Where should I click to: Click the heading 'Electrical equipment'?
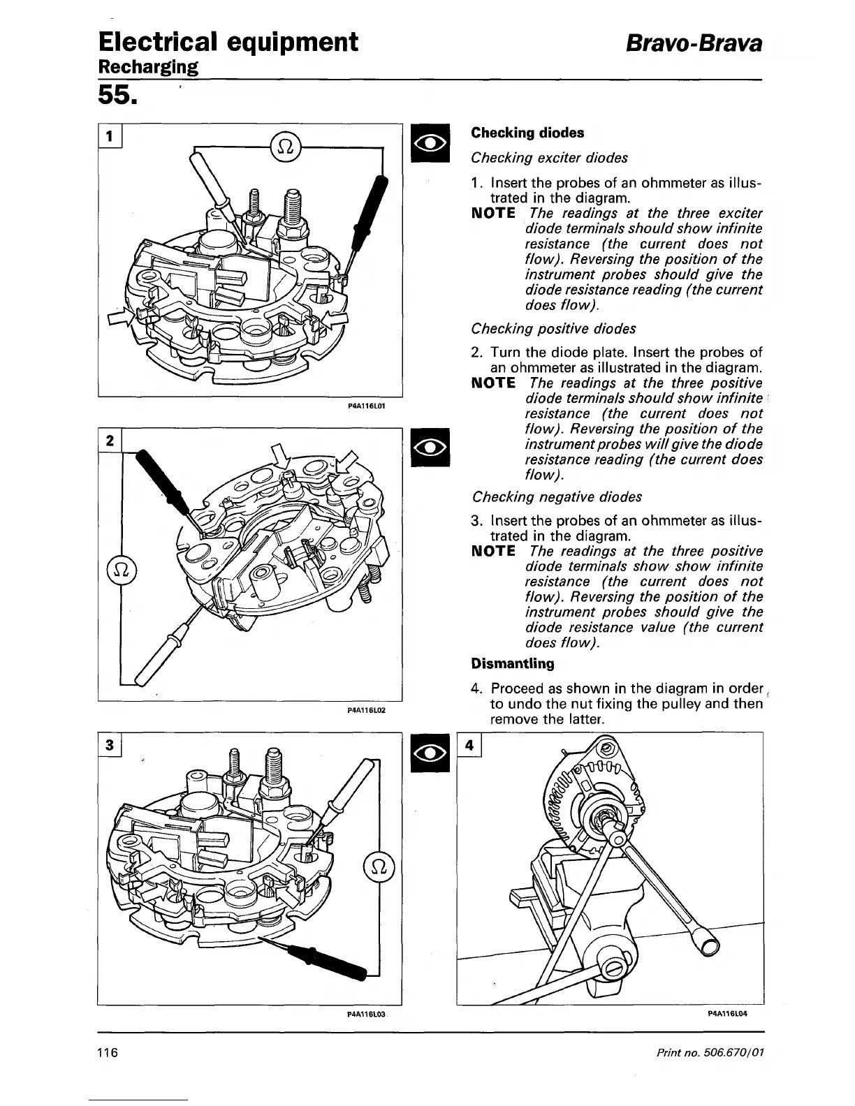point(228,42)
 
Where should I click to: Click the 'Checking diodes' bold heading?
point(527,133)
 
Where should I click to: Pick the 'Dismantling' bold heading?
point(513,663)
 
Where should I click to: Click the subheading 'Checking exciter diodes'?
point(549,158)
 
